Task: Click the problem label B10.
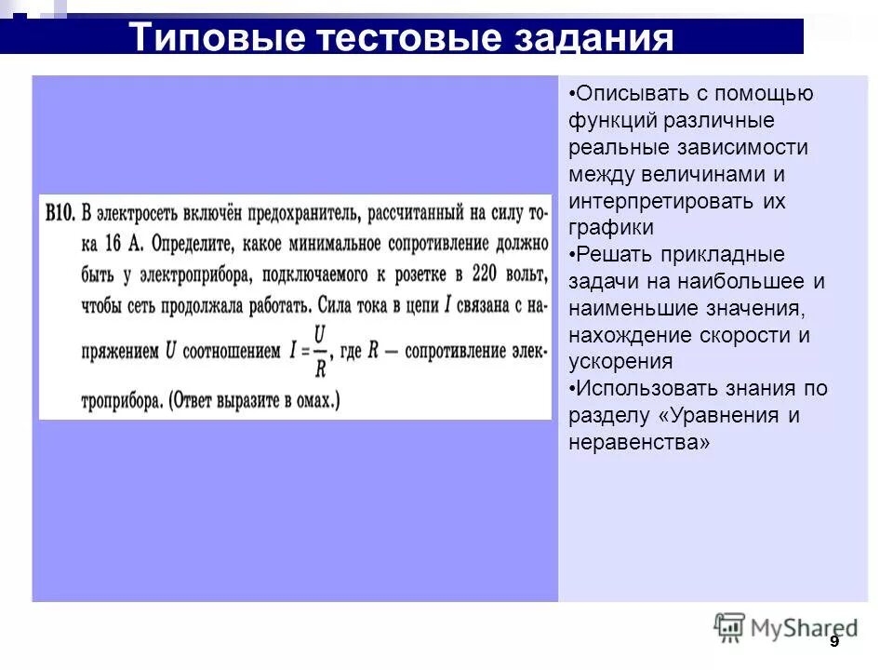[x=60, y=214]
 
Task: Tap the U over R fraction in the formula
[x=319, y=351]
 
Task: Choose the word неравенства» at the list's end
[x=639, y=443]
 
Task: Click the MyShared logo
[x=786, y=628]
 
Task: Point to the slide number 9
[x=833, y=642]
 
